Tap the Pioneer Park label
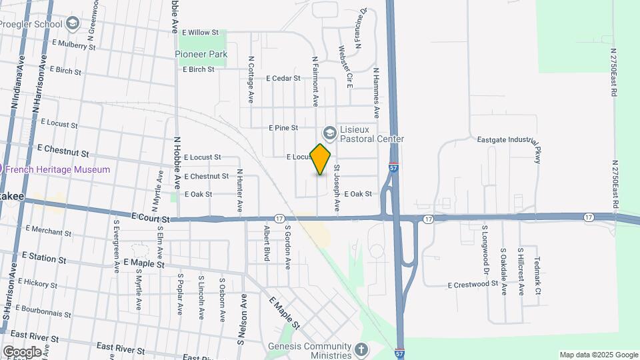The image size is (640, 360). (x=201, y=54)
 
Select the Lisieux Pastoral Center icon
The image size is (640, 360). (x=329, y=131)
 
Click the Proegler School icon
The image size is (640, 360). (x=73, y=24)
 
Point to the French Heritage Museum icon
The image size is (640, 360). (x=1, y=169)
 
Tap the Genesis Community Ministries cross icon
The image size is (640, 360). (x=360, y=349)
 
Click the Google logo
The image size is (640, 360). (x=22, y=351)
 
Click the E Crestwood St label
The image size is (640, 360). (x=473, y=285)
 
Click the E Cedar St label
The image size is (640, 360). (x=283, y=78)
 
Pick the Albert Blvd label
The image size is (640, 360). (x=266, y=243)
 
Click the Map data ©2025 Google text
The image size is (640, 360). (x=598, y=355)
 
